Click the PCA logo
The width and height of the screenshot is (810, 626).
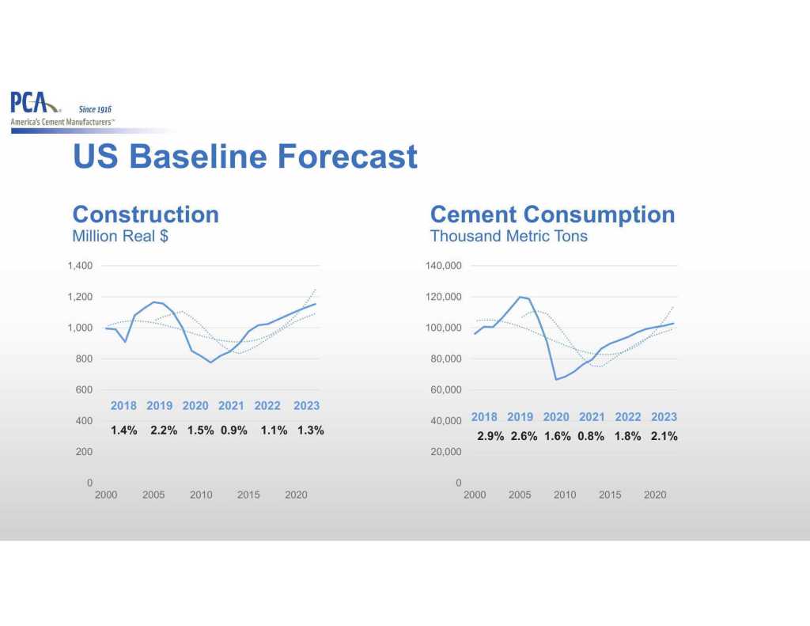point(35,103)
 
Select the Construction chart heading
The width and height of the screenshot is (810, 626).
point(146,214)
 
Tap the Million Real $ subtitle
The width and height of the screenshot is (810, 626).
point(119,236)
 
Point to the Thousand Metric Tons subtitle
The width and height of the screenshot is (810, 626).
point(508,236)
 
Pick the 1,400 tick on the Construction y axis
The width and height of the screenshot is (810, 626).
point(81,266)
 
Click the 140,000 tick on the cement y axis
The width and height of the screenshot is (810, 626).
point(443,266)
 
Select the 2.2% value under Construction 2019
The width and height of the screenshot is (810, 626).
point(164,431)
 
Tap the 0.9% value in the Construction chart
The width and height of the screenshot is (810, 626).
point(233,431)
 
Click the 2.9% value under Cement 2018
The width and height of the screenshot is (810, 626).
point(490,436)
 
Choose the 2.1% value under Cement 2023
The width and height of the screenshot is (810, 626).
point(664,436)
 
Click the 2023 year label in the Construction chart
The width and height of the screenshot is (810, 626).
point(306,406)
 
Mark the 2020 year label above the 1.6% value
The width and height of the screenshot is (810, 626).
point(556,417)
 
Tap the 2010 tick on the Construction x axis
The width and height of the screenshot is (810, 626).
point(201,495)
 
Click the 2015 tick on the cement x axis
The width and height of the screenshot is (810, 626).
point(610,495)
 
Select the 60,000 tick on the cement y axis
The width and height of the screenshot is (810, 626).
point(445,390)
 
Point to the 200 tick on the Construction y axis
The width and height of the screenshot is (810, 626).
point(84,452)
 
